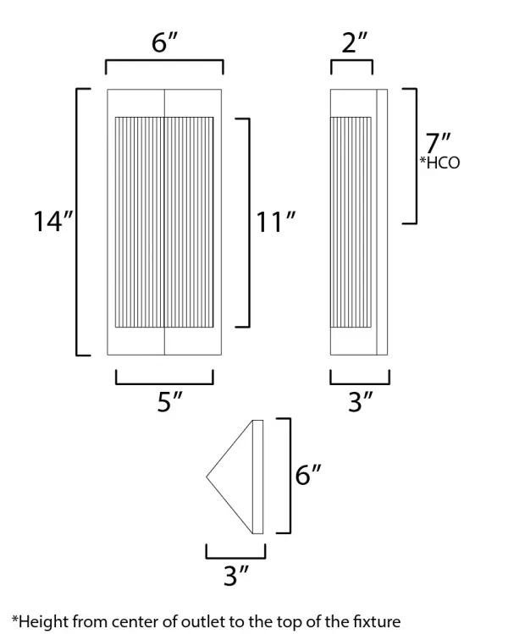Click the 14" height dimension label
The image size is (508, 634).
pyautogui.click(x=52, y=222)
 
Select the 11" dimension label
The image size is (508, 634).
pyautogui.click(x=277, y=222)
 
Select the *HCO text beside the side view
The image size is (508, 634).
pyautogui.click(x=440, y=163)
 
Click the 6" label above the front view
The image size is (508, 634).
pyautogui.click(x=164, y=42)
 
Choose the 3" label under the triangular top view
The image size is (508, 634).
pyautogui.click(x=236, y=576)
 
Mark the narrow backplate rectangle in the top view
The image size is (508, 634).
pyautogui.click(x=258, y=477)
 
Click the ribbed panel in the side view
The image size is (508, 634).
pyautogui.click(x=351, y=222)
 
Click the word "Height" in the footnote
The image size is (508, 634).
pyautogui.click(x=40, y=620)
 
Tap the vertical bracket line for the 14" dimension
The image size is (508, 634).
pyautogui.click(x=78, y=222)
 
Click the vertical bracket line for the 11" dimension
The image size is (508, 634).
pyautogui.click(x=249, y=222)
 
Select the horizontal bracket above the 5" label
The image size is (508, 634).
pyautogui.click(x=164, y=383)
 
